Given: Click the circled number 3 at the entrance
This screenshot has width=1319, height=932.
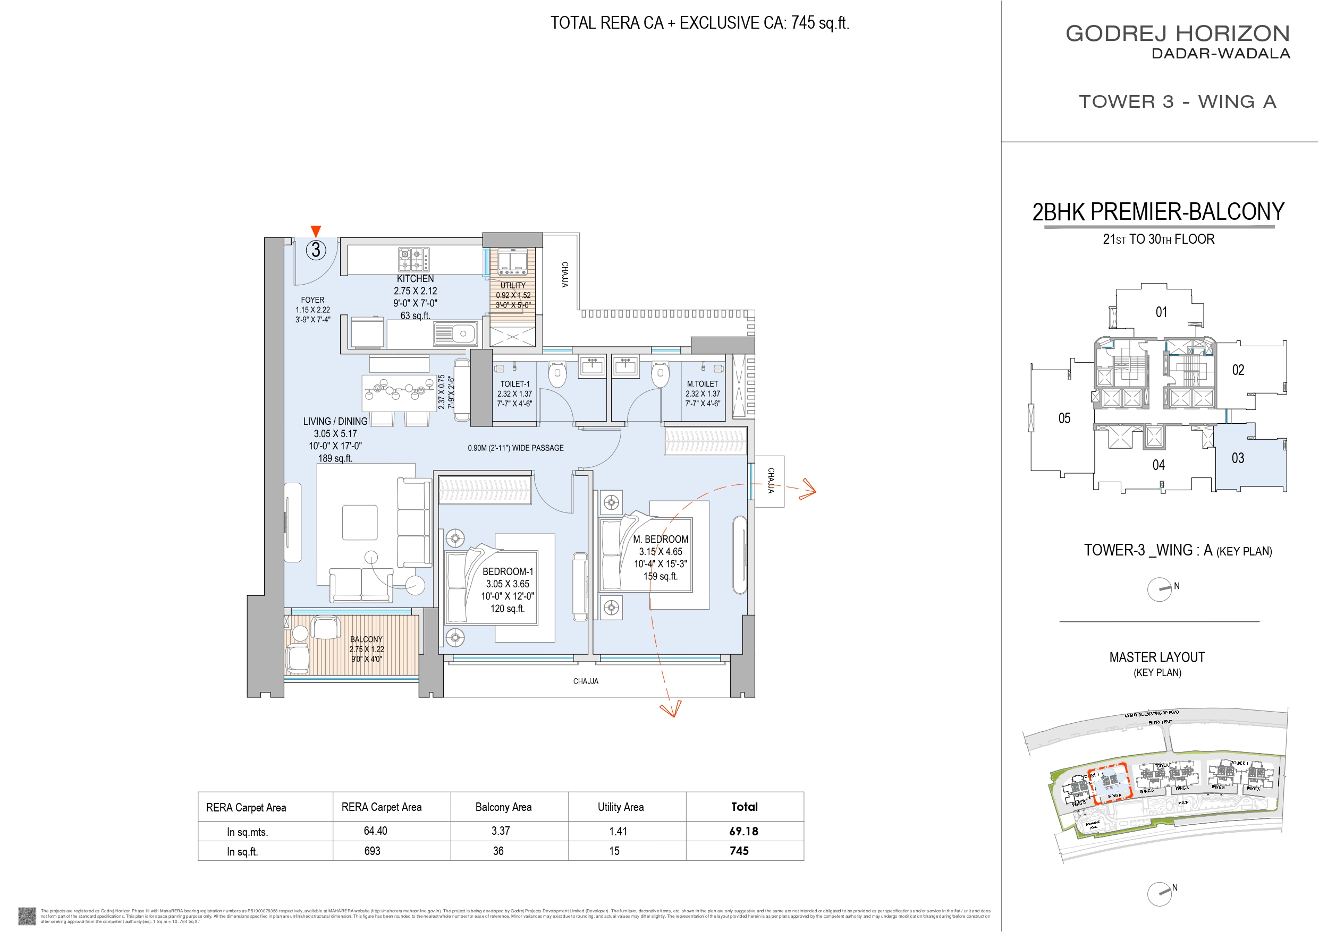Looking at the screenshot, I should click(315, 250).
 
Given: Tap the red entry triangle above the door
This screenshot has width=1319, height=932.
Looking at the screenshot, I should click(315, 231).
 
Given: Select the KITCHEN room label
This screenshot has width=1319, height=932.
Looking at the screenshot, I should click(415, 278).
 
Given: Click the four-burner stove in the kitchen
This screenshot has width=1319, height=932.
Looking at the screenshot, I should click(413, 260).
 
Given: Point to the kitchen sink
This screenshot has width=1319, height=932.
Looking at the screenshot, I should click(455, 333).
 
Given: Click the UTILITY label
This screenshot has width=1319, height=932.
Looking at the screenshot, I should click(512, 285).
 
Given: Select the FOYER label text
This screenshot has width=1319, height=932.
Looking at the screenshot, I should click(312, 300).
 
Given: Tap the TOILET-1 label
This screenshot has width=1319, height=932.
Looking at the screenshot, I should click(515, 383).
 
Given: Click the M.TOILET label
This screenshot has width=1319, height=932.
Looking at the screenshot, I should click(702, 383).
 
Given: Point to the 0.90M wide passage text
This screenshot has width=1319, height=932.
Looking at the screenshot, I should click(515, 448).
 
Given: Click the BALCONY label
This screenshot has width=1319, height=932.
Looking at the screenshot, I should click(366, 639).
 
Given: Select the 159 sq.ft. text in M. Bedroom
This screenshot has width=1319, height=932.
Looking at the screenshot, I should click(660, 576).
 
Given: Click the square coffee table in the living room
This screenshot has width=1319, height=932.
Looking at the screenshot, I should click(360, 522).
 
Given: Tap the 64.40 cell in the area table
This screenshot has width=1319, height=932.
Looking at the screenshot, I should click(375, 831).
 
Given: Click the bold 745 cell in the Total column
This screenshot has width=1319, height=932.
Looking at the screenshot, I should click(739, 851).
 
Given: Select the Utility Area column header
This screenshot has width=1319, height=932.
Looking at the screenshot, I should click(620, 807).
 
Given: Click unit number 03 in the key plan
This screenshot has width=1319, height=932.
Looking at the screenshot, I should click(1237, 458).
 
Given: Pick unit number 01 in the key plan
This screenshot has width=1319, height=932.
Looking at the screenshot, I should click(1161, 312).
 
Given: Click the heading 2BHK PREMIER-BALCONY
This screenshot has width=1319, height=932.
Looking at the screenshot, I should click(1158, 212).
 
